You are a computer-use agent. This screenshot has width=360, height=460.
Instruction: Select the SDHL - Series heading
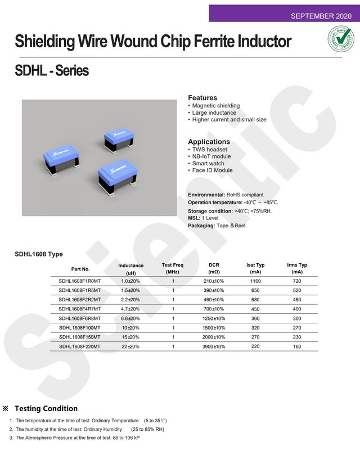[x=52, y=71]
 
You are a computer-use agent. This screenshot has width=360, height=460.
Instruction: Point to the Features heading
[x=202, y=97]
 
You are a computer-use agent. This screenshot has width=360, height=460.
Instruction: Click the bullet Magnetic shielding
[x=215, y=106]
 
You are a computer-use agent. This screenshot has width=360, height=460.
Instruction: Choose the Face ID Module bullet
[x=212, y=170]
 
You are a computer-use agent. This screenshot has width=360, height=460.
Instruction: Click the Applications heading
[x=209, y=142]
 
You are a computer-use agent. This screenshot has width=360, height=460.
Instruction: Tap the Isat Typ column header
[x=255, y=268]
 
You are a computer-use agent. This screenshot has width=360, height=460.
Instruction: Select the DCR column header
[x=214, y=268]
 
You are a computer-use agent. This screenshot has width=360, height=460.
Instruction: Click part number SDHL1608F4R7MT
[x=79, y=309]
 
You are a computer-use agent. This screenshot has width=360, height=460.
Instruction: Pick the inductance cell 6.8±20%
[x=130, y=318]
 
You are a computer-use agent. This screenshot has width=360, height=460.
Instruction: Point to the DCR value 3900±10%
[x=214, y=346]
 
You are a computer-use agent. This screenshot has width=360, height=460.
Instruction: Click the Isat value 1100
[x=255, y=281]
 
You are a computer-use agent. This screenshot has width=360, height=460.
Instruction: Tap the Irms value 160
[x=297, y=346]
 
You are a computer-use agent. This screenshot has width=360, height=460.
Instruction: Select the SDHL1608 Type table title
[x=39, y=254]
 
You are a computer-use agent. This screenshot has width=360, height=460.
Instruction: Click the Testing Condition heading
[x=46, y=408]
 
